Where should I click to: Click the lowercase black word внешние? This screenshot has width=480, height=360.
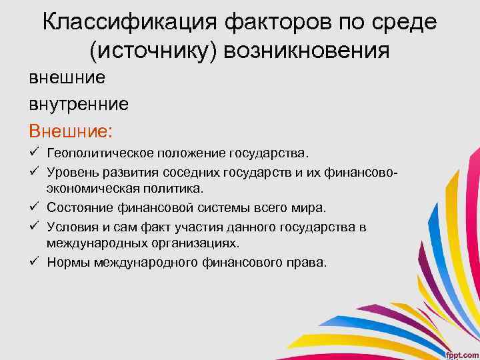click(x=67, y=78)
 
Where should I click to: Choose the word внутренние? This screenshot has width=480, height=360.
click(x=79, y=103)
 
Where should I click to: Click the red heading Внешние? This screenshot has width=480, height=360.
click(x=71, y=129)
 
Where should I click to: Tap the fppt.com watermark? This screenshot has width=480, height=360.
click(x=461, y=351)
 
